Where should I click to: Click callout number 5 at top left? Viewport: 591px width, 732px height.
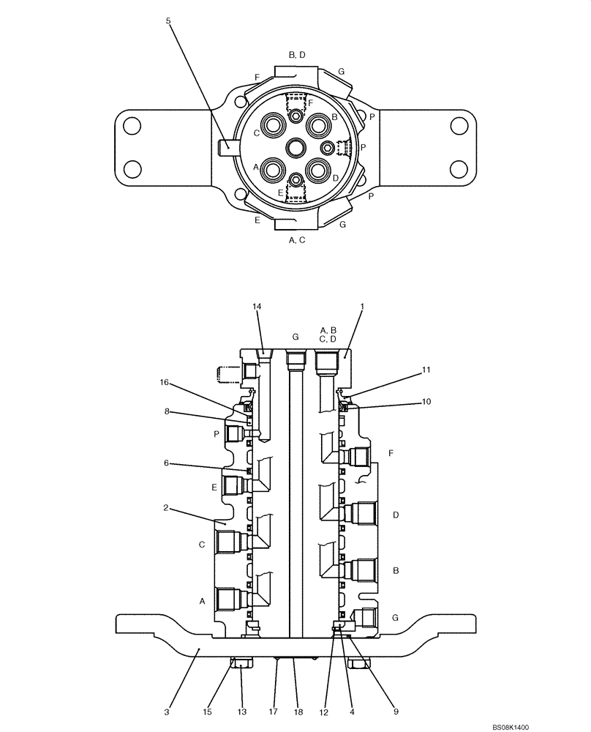coord(168,21)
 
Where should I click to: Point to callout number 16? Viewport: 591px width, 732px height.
coord(166,382)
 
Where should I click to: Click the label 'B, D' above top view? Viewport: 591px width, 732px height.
coord(296,55)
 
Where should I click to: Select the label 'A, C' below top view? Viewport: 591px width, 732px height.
coord(296,239)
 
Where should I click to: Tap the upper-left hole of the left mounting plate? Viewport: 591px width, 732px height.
coord(132,125)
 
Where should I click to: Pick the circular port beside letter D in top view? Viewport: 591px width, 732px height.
coord(319,170)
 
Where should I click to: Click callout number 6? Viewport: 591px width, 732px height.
coord(166,463)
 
